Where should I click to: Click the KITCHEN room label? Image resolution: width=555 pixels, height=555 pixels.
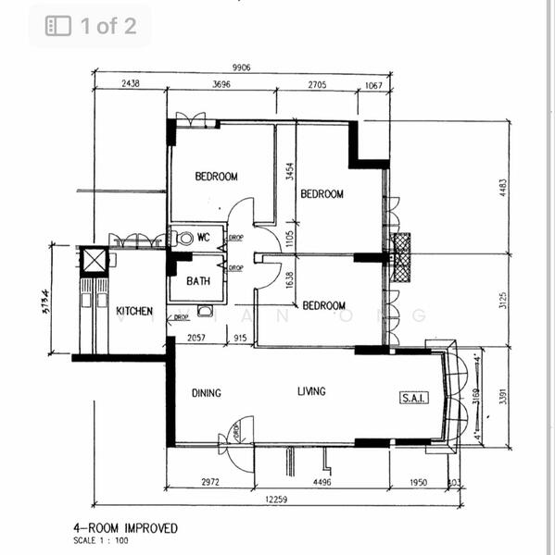(134, 312)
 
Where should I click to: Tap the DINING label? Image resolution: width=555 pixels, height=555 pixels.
(206, 393)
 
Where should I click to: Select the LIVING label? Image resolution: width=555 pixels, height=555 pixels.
(311, 392)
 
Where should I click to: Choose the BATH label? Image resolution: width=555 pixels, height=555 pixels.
(198, 282)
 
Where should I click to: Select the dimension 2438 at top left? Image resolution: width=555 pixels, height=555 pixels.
(130, 84)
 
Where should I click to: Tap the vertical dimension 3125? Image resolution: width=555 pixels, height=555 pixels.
(503, 301)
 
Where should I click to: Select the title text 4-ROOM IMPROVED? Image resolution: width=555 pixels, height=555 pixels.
(125, 528)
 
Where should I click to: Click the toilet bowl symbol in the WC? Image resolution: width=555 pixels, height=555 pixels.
(185, 238)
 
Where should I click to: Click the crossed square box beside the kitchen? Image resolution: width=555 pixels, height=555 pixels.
(95, 260)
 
